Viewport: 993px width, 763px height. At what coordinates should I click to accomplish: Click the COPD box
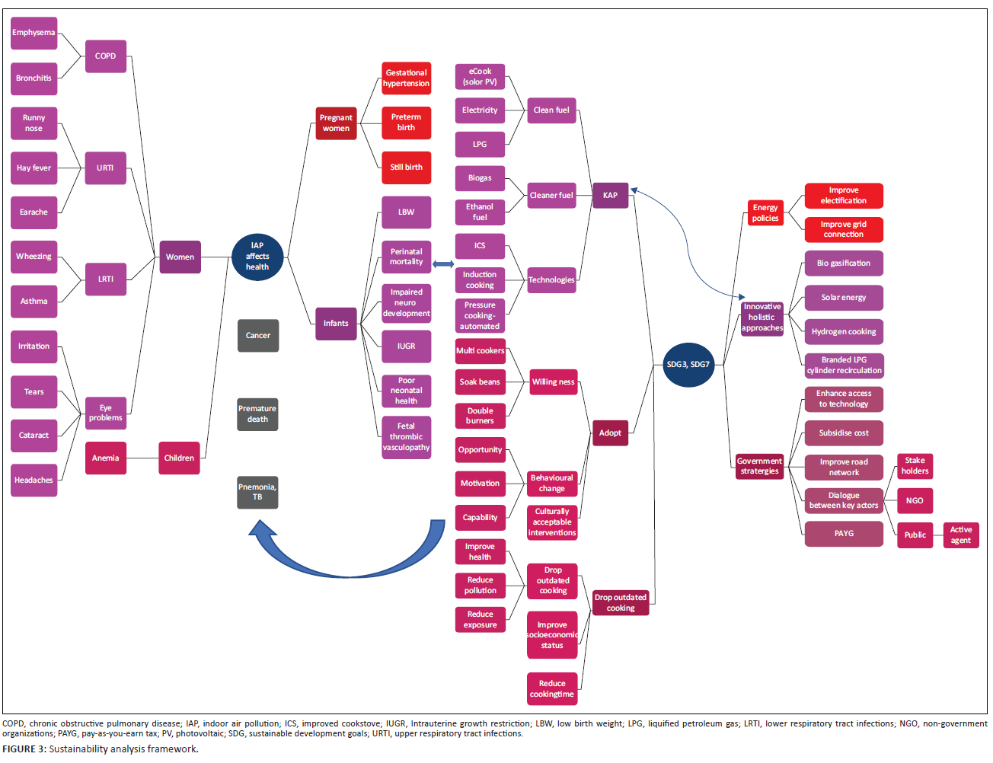point(105,56)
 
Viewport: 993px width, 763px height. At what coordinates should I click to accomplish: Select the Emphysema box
point(34,33)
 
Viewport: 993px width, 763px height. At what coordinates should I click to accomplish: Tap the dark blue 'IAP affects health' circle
point(257,257)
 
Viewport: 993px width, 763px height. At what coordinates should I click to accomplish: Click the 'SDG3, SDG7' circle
point(688,365)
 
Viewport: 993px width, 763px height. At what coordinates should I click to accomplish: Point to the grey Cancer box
point(258,336)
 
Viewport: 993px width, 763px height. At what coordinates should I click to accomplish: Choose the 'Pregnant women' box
point(336,123)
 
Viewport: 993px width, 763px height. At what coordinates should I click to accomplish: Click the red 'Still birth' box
point(406,168)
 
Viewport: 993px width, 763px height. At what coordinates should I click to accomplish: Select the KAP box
point(610,196)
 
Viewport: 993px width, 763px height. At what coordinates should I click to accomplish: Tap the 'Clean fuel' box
point(551,110)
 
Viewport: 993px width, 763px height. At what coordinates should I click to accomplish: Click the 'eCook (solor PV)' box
point(480,77)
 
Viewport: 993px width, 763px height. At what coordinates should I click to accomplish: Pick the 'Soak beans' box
point(480,382)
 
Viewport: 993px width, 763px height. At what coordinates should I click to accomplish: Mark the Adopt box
point(610,433)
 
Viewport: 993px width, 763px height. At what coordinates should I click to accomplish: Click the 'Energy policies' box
point(765,213)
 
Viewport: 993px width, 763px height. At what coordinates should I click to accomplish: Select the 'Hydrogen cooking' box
point(844,332)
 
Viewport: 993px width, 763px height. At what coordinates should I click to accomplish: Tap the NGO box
point(915,501)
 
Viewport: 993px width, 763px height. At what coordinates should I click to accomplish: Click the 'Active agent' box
point(960,535)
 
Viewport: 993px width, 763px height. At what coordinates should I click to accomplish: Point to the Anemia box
point(105,458)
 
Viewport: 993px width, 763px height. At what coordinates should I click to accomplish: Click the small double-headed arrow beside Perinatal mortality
point(443,264)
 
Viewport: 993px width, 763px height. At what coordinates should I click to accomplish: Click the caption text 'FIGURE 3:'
point(24,749)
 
